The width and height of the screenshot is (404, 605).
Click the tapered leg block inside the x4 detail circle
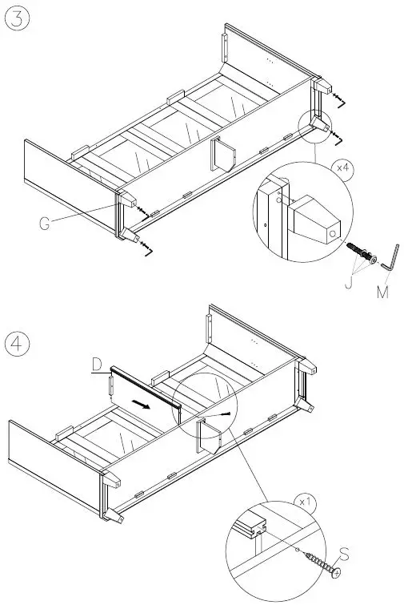[x=316, y=221]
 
